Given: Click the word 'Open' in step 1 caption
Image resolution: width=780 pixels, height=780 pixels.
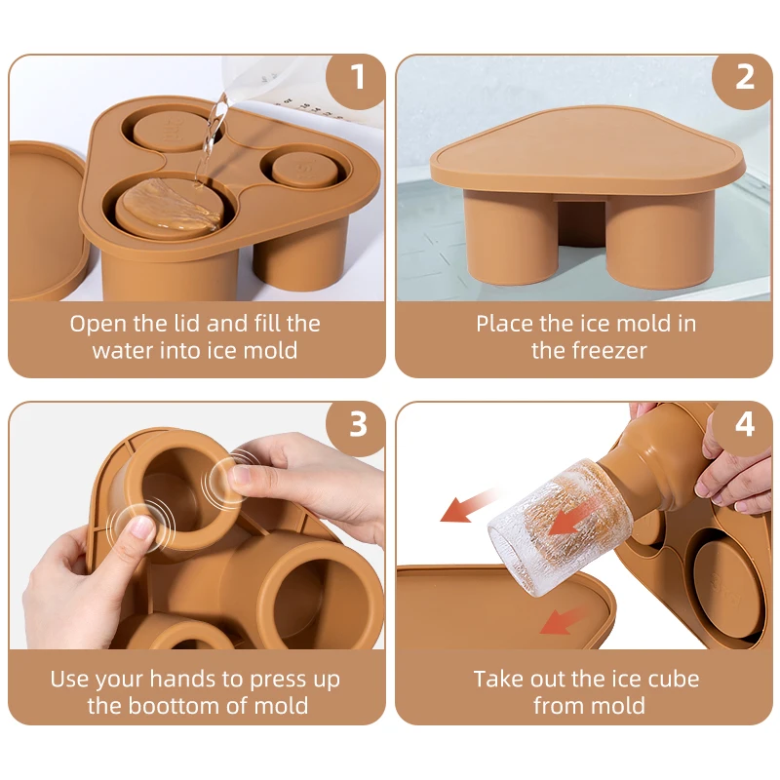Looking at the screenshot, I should [x=96, y=323].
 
